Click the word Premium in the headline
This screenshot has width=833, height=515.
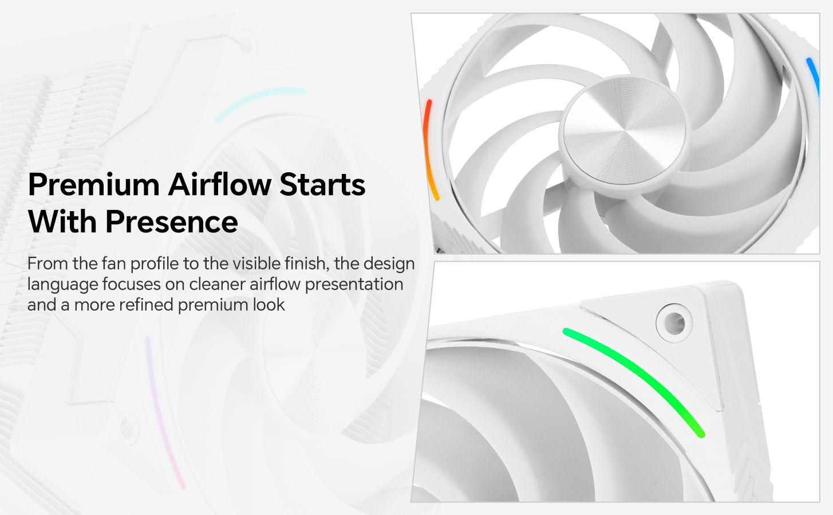pos(94,184)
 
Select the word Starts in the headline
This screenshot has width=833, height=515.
pos(322,184)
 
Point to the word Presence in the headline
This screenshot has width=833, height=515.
pos(172,221)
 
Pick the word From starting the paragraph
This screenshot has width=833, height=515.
pos(48,263)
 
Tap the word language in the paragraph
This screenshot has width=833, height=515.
pos(62,285)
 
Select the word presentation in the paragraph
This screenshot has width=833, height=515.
pos(354,285)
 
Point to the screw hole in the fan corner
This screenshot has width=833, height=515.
pos(674,323)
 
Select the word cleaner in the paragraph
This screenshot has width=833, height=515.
pos(217,284)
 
